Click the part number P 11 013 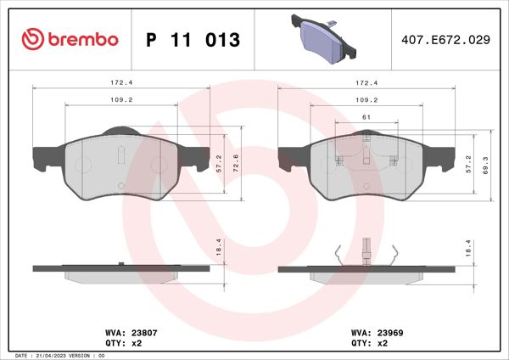193,41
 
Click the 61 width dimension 364,116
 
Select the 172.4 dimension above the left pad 121,83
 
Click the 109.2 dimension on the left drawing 121,99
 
